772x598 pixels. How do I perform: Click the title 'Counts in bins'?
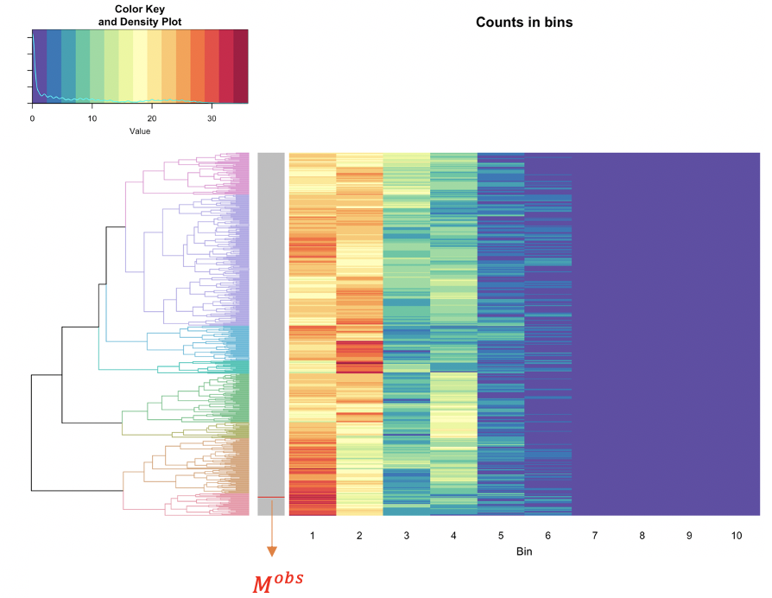pyautogui.click(x=524, y=22)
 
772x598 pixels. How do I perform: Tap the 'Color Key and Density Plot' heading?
pyautogui.click(x=140, y=14)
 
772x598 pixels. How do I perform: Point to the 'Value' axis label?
pyautogui.click(x=140, y=131)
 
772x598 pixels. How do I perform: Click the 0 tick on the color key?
pyautogui.click(x=33, y=118)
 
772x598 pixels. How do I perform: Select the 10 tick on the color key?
pyautogui.click(x=92, y=118)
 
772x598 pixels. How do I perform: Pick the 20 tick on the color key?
pyautogui.click(x=152, y=118)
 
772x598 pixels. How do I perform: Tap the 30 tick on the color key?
pyautogui.click(x=212, y=118)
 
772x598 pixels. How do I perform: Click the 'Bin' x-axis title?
pyautogui.click(x=524, y=551)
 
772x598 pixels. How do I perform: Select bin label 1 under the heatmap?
pyautogui.click(x=313, y=537)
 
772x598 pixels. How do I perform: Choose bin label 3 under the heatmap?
pyautogui.click(x=407, y=537)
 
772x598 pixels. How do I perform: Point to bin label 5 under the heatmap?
pyautogui.click(x=501, y=537)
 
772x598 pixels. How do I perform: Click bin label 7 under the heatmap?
pyautogui.click(x=595, y=537)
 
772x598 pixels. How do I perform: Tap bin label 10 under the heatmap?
pyautogui.click(x=736, y=537)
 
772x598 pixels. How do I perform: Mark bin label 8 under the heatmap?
pyautogui.click(x=642, y=537)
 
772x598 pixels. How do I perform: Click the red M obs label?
pyautogui.click(x=278, y=582)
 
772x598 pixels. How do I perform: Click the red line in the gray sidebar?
pyautogui.click(x=271, y=497)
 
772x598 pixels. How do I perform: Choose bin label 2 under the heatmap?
pyautogui.click(x=359, y=537)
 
